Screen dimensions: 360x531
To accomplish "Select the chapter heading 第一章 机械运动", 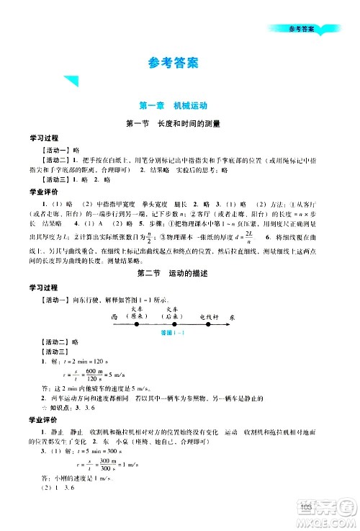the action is (179, 105).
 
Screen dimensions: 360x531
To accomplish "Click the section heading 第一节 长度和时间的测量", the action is (179, 122).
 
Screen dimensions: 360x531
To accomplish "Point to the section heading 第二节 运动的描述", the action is (179, 273).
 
